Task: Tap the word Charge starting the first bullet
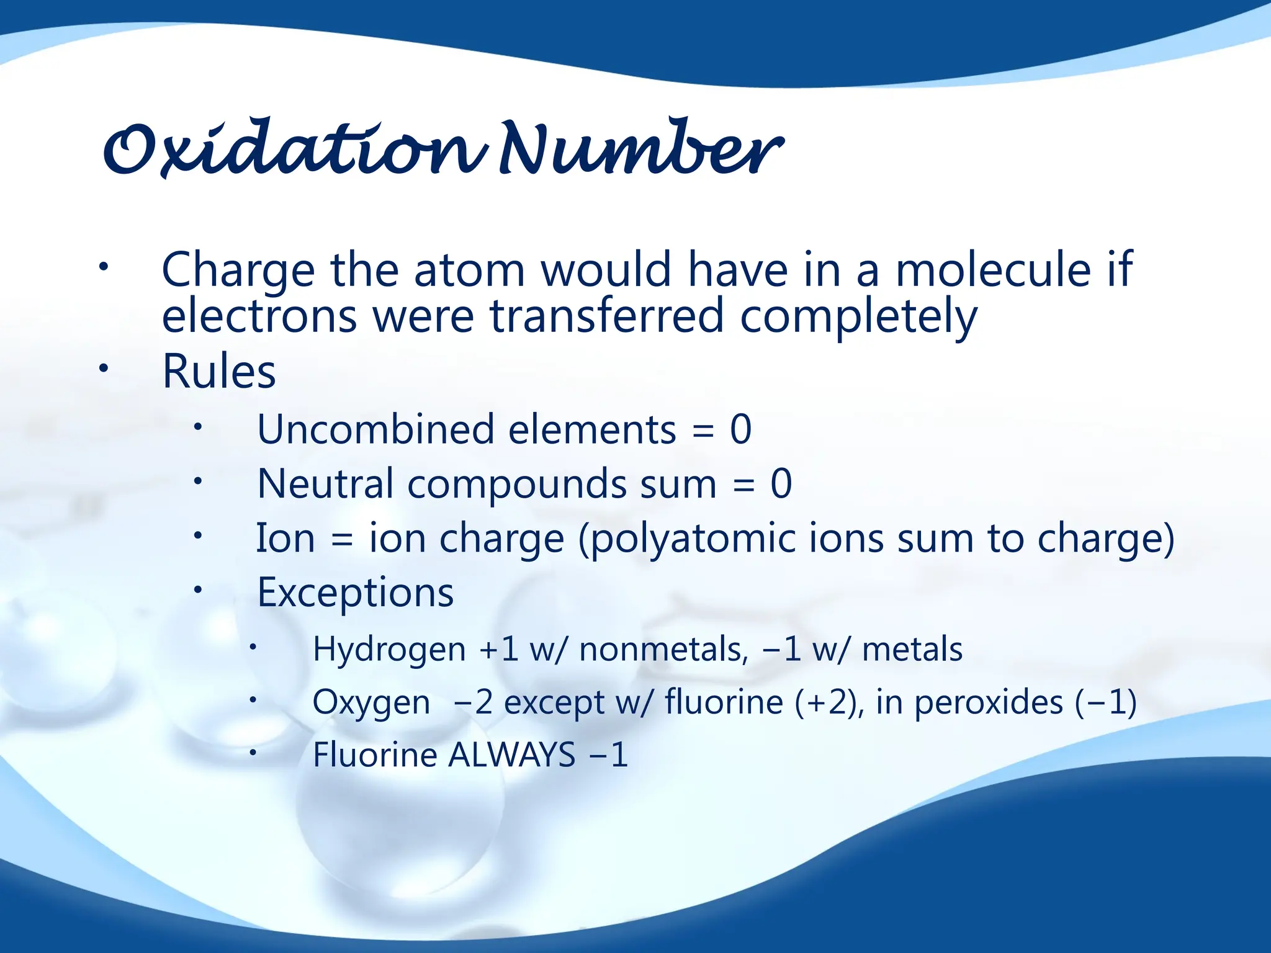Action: click(x=238, y=271)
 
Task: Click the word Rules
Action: click(x=219, y=372)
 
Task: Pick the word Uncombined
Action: click(x=375, y=429)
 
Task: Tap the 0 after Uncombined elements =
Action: click(x=740, y=429)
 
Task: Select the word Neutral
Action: click(x=325, y=484)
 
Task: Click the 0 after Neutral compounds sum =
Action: click(x=781, y=484)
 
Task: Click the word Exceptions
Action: click(x=356, y=593)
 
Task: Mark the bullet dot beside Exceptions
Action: click(x=197, y=589)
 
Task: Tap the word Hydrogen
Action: click(x=389, y=650)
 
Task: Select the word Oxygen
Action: click(x=371, y=703)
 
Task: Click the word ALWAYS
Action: click(x=512, y=756)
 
